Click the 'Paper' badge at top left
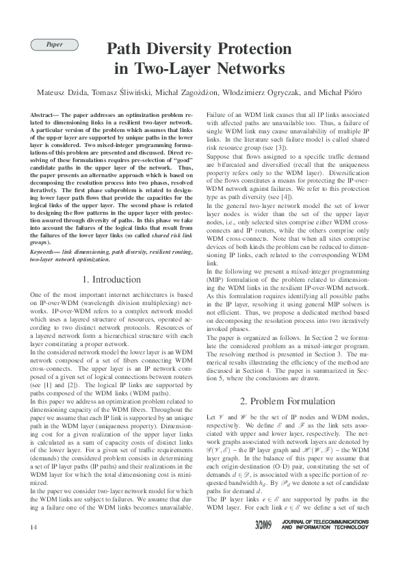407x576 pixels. [x=55, y=44]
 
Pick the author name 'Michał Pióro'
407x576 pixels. [x=345, y=92]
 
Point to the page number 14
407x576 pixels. [x=34, y=546]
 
